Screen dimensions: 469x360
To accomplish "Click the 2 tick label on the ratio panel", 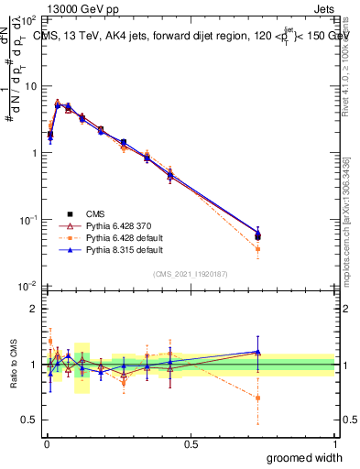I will pos(33,309).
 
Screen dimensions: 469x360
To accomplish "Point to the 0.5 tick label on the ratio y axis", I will pos(27,420).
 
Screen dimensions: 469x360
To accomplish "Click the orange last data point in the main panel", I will pos(258,249).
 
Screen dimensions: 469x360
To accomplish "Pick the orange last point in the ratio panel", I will pos(258,398).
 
